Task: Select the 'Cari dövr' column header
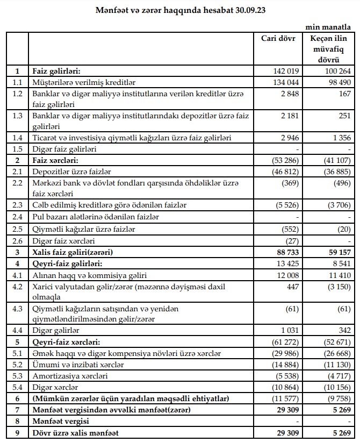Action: [278, 39]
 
